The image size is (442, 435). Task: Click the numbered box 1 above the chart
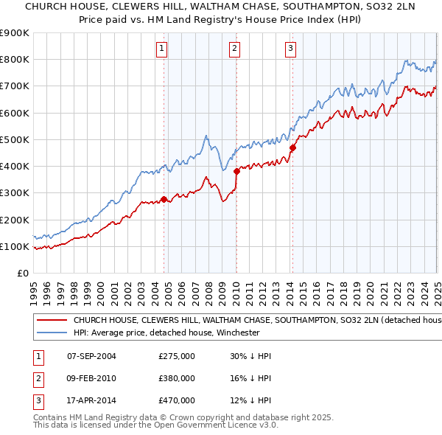pyautogui.click(x=161, y=49)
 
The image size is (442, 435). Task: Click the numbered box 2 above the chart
pyautogui.click(x=234, y=49)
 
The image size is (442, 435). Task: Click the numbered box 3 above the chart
pyautogui.click(x=291, y=49)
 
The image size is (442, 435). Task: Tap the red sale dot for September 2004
pyautogui.click(x=164, y=199)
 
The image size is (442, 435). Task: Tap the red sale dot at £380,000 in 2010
pyautogui.click(x=236, y=171)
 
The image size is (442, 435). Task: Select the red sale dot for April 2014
pyautogui.click(x=292, y=147)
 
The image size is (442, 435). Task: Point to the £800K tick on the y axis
pyautogui.click(x=15, y=60)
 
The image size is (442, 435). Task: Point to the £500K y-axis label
pyautogui.click(x=15, y=139)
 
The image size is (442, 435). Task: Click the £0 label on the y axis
pyautogui.click(x=22, y=273)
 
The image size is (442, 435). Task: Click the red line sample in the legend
pyautogui.click(x=52, y=321)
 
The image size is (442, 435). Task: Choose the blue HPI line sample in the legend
pyautogui.click(x=52, y=333)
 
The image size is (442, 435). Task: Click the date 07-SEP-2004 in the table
pyautogui.click(x=91, y=356)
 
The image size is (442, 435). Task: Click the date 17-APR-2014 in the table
pyautogui.click(x=91, y=400)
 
